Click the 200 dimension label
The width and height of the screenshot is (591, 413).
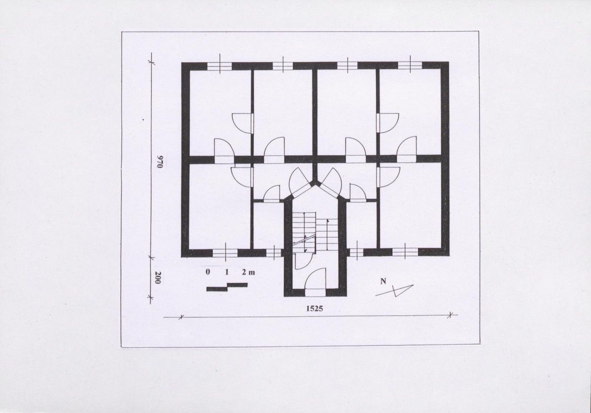158,278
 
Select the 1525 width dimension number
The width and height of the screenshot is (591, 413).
314,309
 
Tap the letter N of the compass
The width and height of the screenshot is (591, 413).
383,281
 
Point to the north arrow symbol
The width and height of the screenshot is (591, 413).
394,291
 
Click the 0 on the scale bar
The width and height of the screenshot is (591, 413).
208,272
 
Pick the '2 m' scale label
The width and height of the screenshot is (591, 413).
248,272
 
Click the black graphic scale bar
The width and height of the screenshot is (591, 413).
227,287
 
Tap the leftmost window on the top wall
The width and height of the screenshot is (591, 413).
219,66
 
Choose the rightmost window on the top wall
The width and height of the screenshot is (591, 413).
410,66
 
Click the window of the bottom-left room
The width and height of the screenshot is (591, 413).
225,253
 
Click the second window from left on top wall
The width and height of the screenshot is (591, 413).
283,66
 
